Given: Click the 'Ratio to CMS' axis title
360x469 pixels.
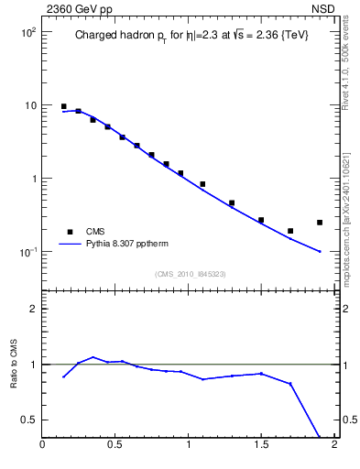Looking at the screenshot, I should [14, 364].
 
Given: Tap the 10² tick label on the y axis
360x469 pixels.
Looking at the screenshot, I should [27, 32].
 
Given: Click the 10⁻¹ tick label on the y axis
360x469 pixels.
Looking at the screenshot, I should [27, 252].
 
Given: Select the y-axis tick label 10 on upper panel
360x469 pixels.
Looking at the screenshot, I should [29, 105].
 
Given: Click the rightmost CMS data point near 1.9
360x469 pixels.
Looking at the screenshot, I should [320, 222].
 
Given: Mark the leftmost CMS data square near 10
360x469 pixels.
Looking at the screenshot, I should [64, 106].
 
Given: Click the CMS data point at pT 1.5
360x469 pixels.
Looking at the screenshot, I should [261, 220].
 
